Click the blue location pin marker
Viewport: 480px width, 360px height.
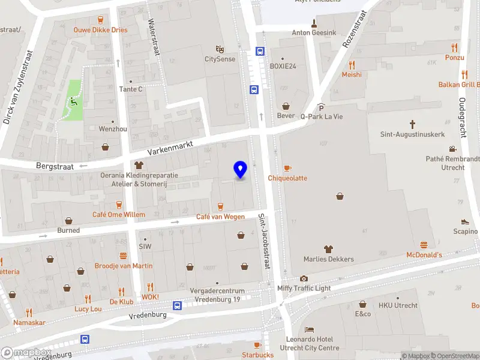(241, 169)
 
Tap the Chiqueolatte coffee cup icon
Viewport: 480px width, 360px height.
(287, 168)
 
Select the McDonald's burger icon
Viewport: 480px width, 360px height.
(424, 245)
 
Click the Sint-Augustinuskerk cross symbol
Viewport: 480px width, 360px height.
(412, 124)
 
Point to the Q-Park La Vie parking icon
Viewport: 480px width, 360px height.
(321, 106)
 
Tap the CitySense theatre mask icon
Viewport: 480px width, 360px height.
(220, 49)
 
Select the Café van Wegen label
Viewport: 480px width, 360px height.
(220, 217)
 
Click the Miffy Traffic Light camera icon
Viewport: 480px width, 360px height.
(304, 278)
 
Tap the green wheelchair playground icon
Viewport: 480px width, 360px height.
(74, 100)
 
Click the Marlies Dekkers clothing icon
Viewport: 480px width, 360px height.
(328, 249)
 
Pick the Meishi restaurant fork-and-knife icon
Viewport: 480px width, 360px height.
(352, 65)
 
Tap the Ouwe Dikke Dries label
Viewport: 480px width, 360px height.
(100, 29)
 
